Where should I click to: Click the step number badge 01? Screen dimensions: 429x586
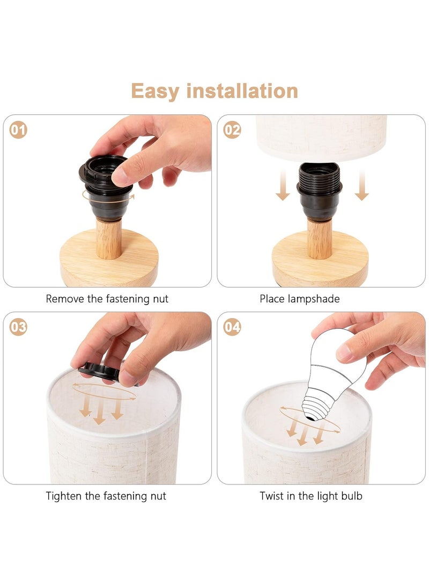pyautogui.click(x=18, y=130)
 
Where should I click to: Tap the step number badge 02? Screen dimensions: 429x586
pyautogui.click(x=232, y=130)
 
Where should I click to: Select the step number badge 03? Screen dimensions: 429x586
pyautogui.click(x=18, y=327)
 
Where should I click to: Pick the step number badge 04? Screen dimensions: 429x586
pyautogui.click(x=232, y=327)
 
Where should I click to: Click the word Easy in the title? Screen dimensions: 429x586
pyautogui.click(x=155, y=91)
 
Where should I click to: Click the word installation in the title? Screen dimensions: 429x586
pyautogui.click(x=242, y=91)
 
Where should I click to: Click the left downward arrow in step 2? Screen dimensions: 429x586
pyautogui.click(x=283, y=185)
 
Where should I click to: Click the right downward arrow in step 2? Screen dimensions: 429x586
pyautogui.click(x=361, y=185)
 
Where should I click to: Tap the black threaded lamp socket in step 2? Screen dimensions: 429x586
pyautogui.click(x=320, y=191)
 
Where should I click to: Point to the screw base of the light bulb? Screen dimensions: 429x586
pyautogui.click(x=316, y=406)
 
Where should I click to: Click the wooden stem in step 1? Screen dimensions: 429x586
pyautogui.click(x=108, y=239)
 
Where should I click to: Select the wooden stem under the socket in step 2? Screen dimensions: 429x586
pyautogui.click(x=320, y=239)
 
